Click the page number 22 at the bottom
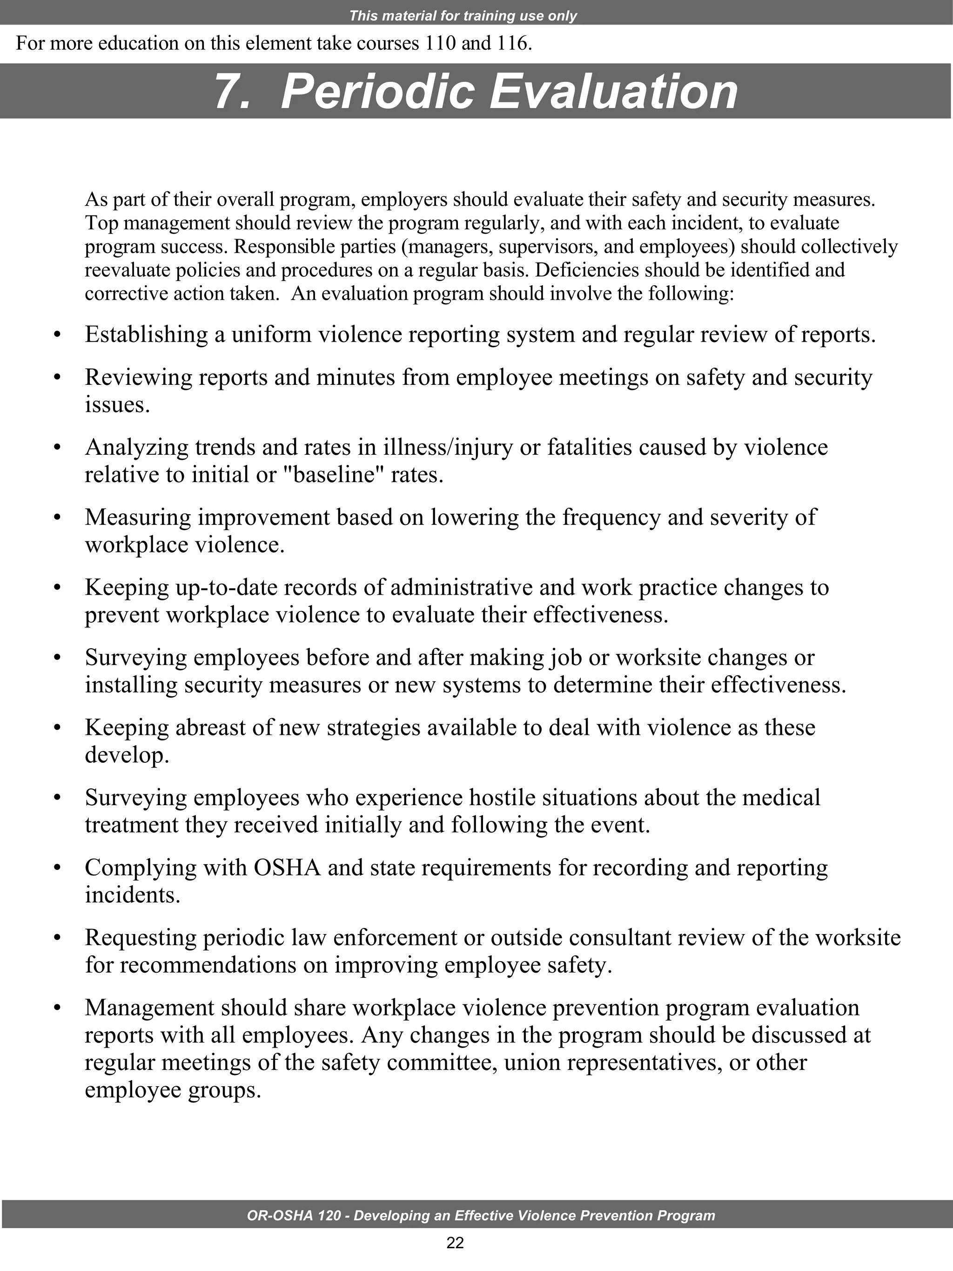455,1243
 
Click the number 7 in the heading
233,92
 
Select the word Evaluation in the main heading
613,92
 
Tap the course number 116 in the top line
512,44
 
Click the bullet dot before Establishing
56,335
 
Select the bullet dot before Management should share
56,1009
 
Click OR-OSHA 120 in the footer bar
294,1215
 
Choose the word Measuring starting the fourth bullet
138,517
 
